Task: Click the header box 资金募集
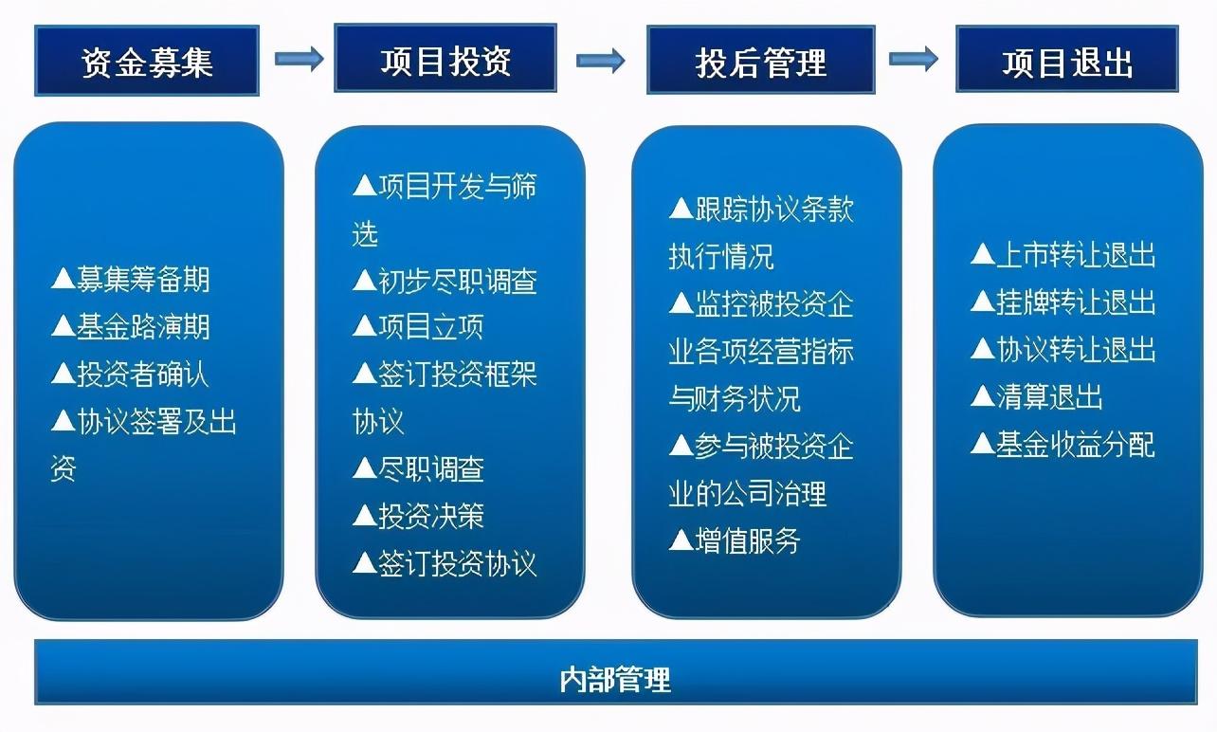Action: click(x=147, y=62)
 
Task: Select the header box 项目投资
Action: click(x=445, y=60)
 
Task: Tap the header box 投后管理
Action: click(x=760, y=62)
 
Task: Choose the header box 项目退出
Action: click(x=1067, y=62)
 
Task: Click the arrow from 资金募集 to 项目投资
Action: click(x=299, y=59)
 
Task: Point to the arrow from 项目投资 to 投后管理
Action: click(x=601, y=61)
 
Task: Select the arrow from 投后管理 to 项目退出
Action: click(x=914, y=58)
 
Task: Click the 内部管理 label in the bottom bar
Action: click(x=616, y=679)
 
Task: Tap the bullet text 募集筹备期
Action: click(x=142, y=280)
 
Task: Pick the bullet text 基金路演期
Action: click(x=142, y=327)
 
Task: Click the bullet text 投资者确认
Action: click(x=142, y=375)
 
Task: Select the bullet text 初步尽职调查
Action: click(x=457, y=281)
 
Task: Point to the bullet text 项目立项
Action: click(x=430, y=327)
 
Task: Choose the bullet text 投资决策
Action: click(x=430, y=516)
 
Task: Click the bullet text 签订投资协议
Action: click(x=457, y=564)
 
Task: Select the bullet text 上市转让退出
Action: click(x=1075, y=256)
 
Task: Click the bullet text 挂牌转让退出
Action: click(x=1075, y=302)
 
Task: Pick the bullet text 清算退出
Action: click(x=1048, y=396)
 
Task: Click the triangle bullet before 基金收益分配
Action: click(x=982, y=444)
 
